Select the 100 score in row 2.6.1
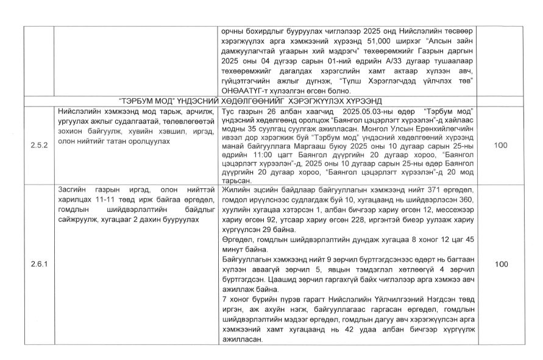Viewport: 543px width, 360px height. click(x=500, y=264)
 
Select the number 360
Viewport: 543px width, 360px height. click(x=466, y=199)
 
